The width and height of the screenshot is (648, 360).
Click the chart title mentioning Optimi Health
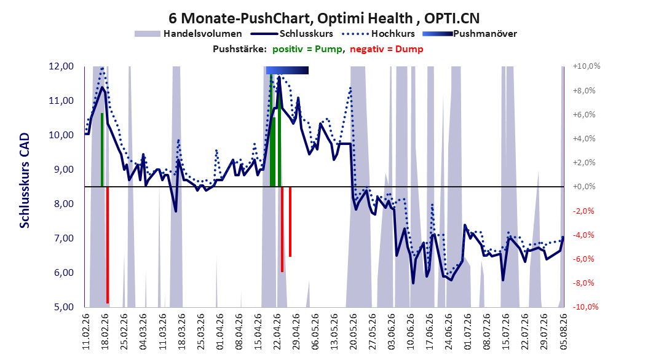[x=324, y=18]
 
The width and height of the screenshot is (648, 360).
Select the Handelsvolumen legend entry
[x=188, y=34]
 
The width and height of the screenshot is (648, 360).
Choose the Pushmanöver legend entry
[x=470, y=34]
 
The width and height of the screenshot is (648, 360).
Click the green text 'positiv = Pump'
[x=307, y=49]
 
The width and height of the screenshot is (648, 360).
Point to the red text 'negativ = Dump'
[x=387, y=49]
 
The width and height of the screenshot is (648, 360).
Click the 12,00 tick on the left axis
[x=61, y=66]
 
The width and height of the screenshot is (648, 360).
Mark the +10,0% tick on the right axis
[x=586, y=66]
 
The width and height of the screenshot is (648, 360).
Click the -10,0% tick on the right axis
[x=585, y=307]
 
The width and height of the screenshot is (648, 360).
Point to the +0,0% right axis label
[x=584, y=187]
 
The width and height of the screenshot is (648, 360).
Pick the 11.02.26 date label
[x=86, y=332]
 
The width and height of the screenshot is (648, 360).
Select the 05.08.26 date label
[x=563, y=332]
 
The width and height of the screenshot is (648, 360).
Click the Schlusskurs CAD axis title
[x=25, y=180]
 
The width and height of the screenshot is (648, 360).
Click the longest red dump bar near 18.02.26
[x=108, y=245]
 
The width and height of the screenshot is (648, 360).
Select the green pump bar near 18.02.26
[x=102, y=149]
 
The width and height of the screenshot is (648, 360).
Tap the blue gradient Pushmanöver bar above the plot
[x=287, y=70]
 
